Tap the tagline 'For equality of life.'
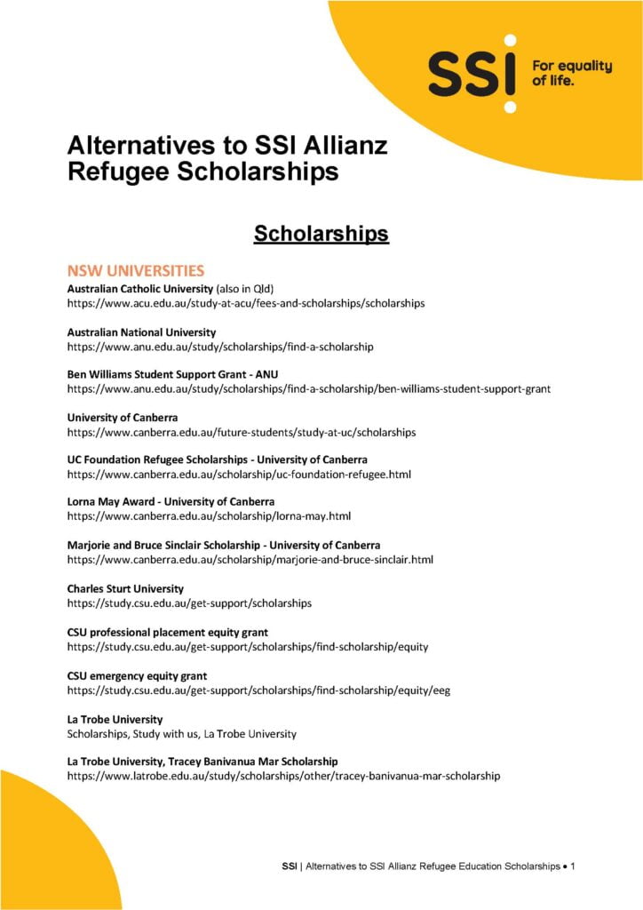(571, 73)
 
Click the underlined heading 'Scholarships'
(321, 234)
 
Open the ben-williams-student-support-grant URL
(309, 389)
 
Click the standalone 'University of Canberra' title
(123, 418)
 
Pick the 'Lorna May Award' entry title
(171, 502)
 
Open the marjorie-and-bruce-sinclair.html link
(250, 559)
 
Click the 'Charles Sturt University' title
(125, 588)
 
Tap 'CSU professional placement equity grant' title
(168, 633)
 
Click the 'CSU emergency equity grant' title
(137, 675)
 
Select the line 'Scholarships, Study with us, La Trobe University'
(182, 734)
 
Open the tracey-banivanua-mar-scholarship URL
(283, 776)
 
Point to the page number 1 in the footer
(574, 865)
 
